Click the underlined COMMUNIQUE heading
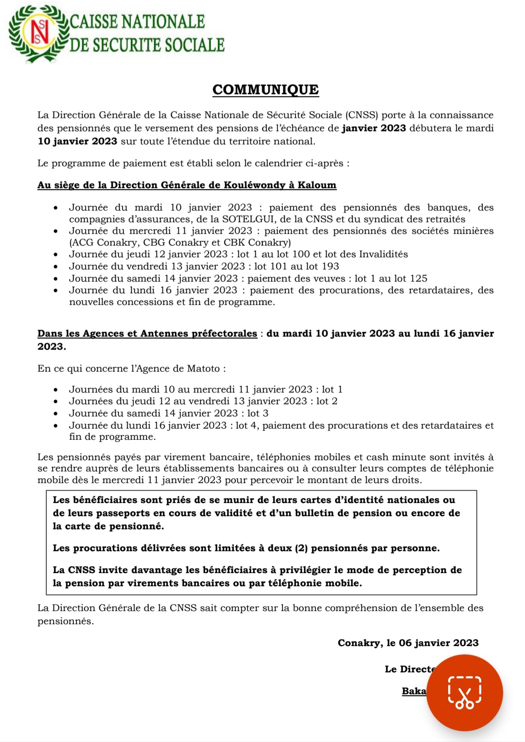[265, 90]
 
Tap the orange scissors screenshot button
[464, 692]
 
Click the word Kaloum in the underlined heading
[317, 185]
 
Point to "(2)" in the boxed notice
[301, 548]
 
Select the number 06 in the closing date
[405, 643]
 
